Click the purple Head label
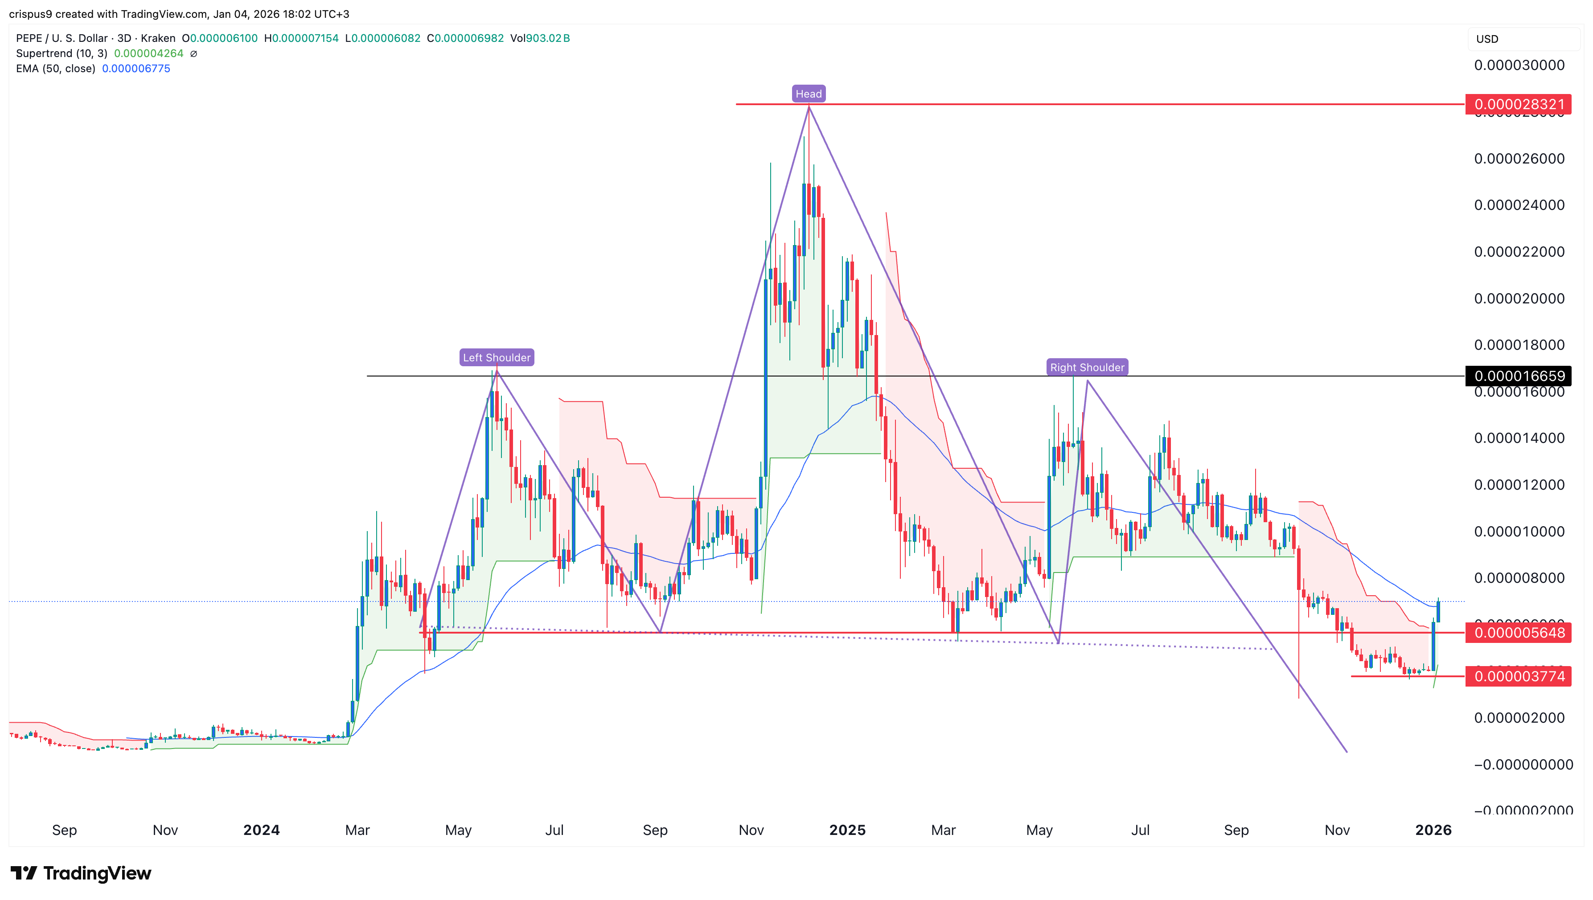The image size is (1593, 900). (808, 94)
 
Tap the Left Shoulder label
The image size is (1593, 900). (497, 357)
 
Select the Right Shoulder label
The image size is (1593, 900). (1087, 367)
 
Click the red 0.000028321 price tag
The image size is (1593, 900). (1519, 104)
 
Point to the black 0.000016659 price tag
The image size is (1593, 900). (1519, 376)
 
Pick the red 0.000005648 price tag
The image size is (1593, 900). (1519, 632)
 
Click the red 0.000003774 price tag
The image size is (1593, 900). (1519, 676)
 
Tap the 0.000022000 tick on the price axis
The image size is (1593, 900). (1519, 252)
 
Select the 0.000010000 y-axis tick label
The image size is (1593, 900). (1519, 532)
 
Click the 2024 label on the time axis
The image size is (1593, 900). (261, 830)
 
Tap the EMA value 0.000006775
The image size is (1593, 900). (136, 69)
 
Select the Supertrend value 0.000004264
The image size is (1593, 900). (148, 53)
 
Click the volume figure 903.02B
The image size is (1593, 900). (547, 38)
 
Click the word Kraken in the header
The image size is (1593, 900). (158, 38)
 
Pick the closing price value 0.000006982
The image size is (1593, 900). (469, 38)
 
